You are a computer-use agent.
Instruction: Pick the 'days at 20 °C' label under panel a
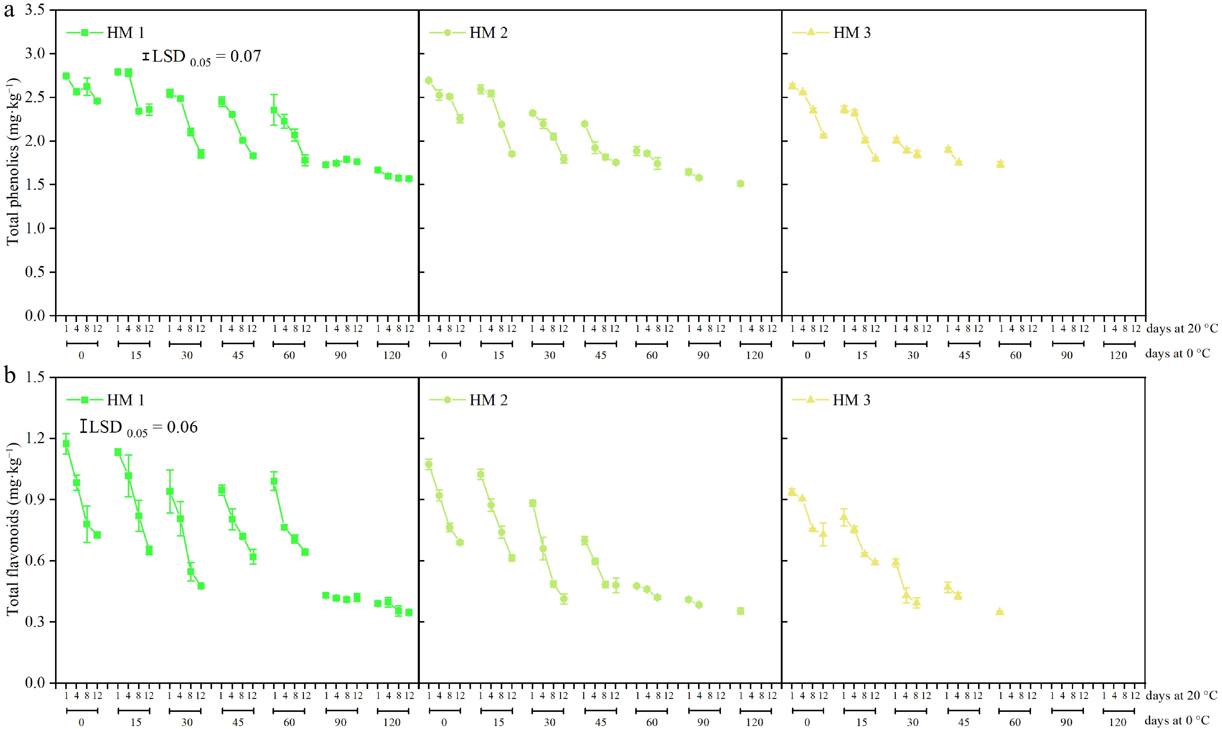tap(1182, 329)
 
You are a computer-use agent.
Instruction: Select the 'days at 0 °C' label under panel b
tap(1177, 721)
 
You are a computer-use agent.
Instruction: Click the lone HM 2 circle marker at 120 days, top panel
tap(740, 184)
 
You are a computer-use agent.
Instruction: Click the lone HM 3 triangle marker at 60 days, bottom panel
tap(999, 611)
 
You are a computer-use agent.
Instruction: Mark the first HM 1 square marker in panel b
tap(66, 444)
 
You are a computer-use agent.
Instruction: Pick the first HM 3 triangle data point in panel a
tap(792, 85)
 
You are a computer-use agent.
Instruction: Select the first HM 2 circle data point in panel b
tap(429, 464)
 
